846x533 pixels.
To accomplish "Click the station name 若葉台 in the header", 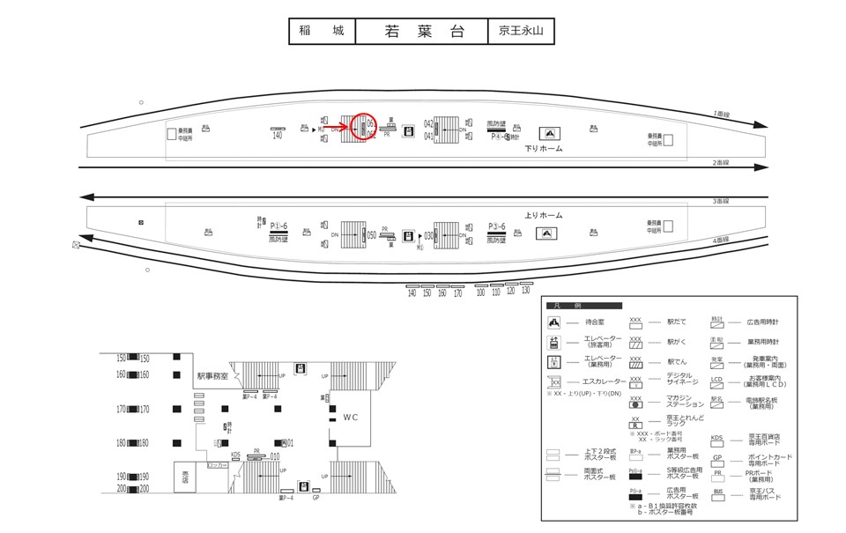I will [x=422, y=32].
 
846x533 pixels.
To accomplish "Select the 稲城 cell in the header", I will [x=322, y=32].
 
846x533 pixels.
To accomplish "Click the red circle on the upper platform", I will [x=363, y=129].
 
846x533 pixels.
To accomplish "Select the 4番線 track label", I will [x=721, y=240].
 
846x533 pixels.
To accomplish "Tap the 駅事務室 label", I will [x=212, y=376].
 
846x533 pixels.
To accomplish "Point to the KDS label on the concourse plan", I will [x=235, y=455].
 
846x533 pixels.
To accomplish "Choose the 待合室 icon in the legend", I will [x=554, y=322].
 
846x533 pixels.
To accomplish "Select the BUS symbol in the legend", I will [x=717, y=492].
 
